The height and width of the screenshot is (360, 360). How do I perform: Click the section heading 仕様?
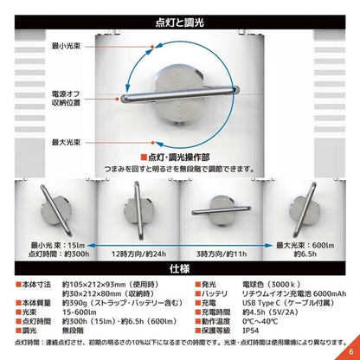(180, 268)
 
